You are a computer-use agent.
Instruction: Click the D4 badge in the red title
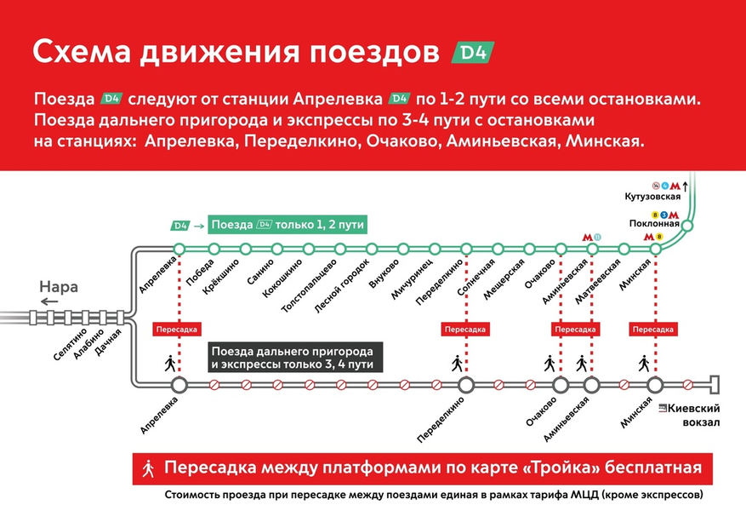(x=471, y=52)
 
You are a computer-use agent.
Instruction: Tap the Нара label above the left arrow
(x=59, y=287)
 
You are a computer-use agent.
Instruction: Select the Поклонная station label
(x=654, y=224)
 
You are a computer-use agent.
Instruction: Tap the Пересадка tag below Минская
(x=655, y=329)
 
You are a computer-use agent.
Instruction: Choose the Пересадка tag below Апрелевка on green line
(x=179, y=329)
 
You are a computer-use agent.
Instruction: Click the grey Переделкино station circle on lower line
(x=466, y=385)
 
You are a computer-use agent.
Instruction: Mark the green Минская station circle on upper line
(x=655, y=248)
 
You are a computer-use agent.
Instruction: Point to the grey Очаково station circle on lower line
(x=560, y=385)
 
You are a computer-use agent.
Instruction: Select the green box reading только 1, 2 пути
(x=288, y=225)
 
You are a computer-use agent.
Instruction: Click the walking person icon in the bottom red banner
(x=149, y=468)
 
